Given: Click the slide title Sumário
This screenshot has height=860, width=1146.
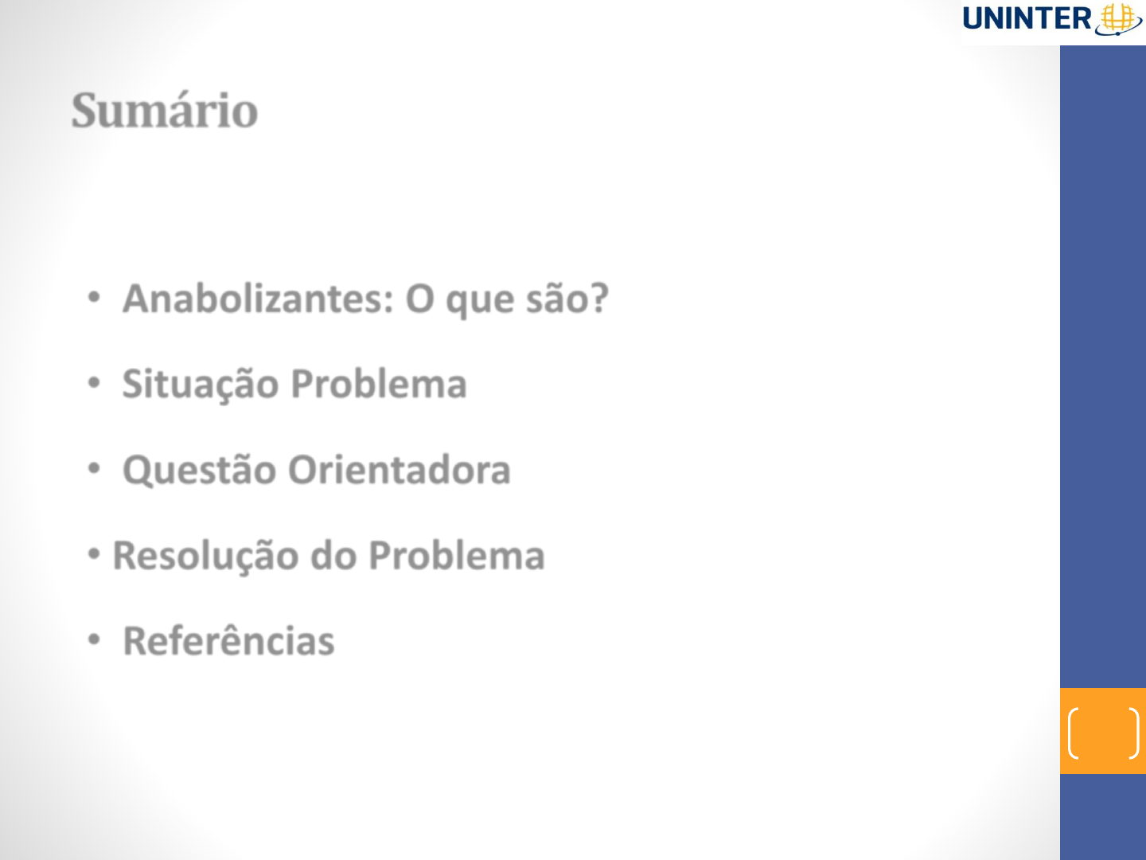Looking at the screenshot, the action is (x=165, y=110).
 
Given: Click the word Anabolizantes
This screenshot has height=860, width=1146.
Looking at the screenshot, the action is (x=258, y=299).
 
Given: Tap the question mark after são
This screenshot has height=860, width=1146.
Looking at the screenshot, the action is (x=599, y=298).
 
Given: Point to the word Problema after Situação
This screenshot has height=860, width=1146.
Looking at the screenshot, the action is (x=379, y=384).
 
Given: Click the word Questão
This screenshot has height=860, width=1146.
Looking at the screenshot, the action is (x=199, y=470).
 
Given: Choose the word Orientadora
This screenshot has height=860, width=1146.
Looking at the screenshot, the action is (x=400, y=470).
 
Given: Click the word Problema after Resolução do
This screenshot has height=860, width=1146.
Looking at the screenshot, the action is (x=457, y=555).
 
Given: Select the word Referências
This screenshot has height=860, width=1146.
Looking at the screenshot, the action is (x=228, y=640).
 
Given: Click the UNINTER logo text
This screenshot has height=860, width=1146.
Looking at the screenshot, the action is (x=1027, y=19).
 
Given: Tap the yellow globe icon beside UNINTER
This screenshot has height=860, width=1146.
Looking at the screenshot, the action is (x=1118, y=19).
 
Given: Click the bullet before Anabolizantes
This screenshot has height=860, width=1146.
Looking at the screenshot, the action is (x=94, y=298).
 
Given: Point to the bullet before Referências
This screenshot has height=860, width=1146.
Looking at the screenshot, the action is (x=94, y=639).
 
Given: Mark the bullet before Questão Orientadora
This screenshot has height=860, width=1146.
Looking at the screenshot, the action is (x=94, y=469).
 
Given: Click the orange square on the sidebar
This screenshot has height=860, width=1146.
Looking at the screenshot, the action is (x=1103, y=731).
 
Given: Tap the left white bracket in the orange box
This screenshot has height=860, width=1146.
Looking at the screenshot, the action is (x=1070, y=733).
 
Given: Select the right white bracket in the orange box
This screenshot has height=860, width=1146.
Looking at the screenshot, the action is (x=1136, y=733).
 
